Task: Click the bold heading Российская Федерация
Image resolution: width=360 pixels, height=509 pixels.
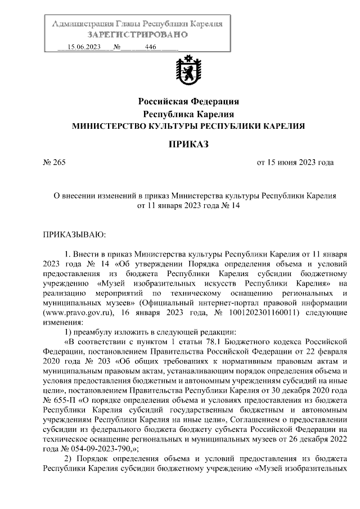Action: pos(188,102)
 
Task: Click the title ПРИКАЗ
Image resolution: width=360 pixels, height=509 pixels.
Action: pos(188,145)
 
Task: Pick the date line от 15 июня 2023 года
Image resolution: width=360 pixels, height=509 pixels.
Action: pos(295,163)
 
